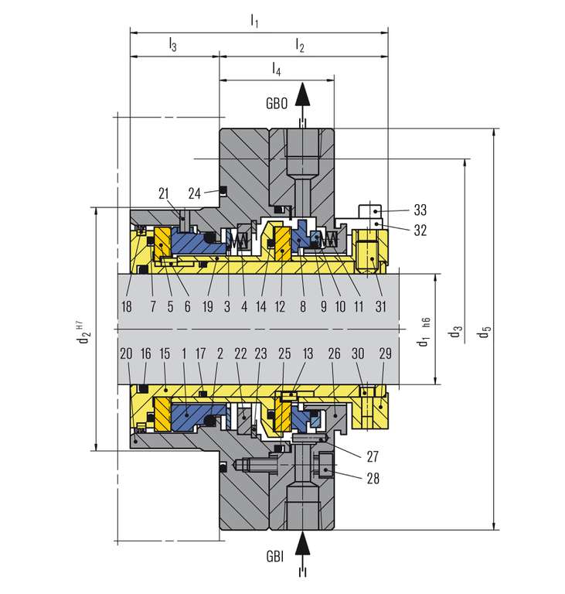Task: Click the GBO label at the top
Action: pyautogui.click(x=277, y=104)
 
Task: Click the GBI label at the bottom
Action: pyautogui.click(x=275, y=557)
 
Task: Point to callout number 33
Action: pyautogui.click(x=420, y=210)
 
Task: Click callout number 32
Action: pyautogui.click(x=420, y=230)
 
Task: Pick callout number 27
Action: pyautogui.click(x=373, y=456)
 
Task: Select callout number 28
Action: pyautogui.click(x=373, y=479)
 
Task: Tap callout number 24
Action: pyautogui.click(x=194, y=193)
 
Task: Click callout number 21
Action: pyautogui.click(x=164, y=193)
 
